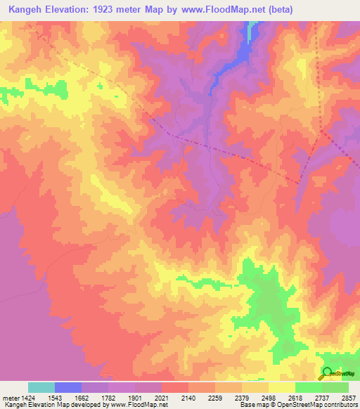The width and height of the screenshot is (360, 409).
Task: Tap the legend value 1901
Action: [148, 397]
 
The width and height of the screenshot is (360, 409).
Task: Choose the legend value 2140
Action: [202, 397]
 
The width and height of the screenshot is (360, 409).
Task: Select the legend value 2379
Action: [256, 397]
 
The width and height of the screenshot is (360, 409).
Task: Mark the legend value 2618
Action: [310, 397]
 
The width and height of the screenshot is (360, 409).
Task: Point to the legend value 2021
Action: [175, 397]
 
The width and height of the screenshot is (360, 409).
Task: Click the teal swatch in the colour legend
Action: [41, 387]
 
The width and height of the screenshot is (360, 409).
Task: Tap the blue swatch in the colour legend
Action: [68, 387]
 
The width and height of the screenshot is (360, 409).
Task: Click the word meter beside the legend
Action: [9, 397]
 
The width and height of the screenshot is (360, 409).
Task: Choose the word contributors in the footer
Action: [340, 405]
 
